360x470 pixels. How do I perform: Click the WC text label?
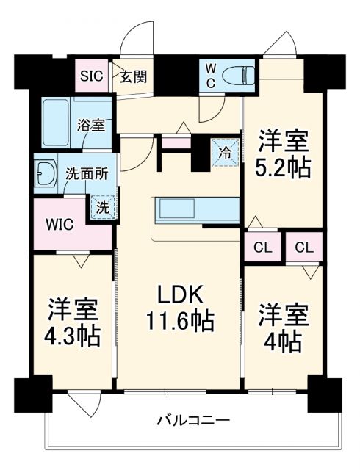click(210, 75)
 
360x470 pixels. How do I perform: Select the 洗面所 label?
click(86, 175)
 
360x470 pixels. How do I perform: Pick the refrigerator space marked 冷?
click(225, 153)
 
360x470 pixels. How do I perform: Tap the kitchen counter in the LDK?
click(195, 210)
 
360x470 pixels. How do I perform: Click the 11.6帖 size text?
click(179, 321)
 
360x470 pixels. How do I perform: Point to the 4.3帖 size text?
click(74, 336)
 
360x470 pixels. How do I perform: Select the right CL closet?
click(303, 247)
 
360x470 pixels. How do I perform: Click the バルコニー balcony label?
click(193, 421)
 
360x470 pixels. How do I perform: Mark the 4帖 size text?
click(283, 340)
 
